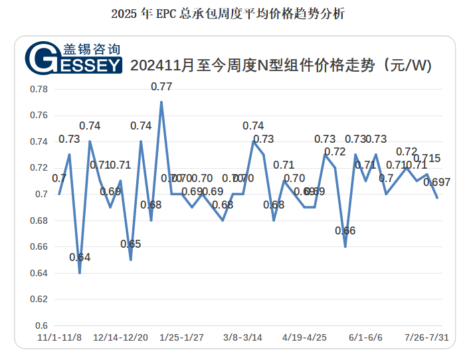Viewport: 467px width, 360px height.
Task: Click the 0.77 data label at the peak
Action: pos(161,86)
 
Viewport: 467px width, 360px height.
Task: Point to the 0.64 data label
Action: pos(80,257)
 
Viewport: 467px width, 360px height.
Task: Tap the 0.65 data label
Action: pos(131,244)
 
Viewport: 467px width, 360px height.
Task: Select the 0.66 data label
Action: pos(345,230)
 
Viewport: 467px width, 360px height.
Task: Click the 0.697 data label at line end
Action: pos(436,182)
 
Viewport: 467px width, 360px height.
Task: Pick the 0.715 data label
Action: pos(427,158)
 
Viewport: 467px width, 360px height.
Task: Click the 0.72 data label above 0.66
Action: pos(335,151)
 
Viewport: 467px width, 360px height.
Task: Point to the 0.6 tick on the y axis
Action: pos(43,325)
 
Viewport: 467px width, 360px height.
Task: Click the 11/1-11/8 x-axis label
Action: pos(59,337)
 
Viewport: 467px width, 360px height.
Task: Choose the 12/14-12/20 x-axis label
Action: pos(121,337)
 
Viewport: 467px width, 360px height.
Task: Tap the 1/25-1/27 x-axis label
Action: pos(181,337)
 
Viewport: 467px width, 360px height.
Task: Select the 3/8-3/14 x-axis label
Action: pos(242,337)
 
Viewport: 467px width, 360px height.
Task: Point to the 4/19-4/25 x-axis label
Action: pos(304,337)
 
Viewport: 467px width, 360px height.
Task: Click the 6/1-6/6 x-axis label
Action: pos(365,337)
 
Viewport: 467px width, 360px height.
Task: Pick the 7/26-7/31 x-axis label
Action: pos(427,337)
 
